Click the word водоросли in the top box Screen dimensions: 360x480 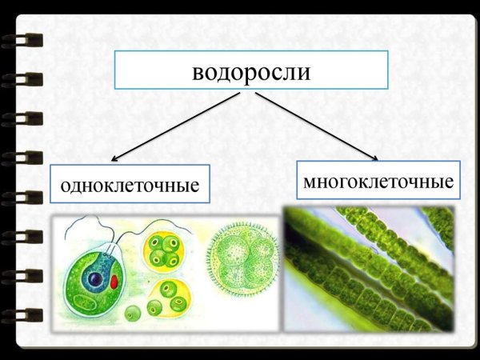click(x=250, y=71)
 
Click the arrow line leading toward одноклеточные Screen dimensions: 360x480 click(x=176, y=124)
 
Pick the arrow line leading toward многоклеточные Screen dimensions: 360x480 click(x=316, y=124)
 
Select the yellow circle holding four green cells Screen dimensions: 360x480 click(x=163, y=250)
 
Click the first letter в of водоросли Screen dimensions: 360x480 click(x=198, y=72)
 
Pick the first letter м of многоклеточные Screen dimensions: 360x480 click(x=310, y=182)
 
